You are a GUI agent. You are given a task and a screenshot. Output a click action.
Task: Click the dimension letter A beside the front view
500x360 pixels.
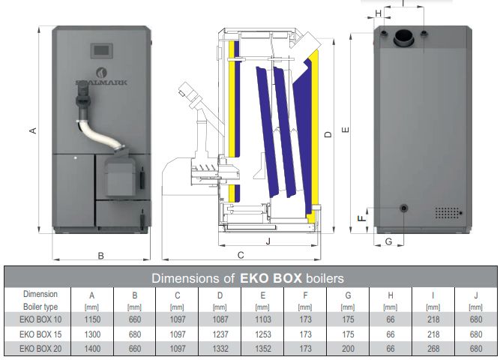coord(33,130)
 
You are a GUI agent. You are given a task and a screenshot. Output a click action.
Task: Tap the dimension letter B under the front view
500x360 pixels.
coord(100,256)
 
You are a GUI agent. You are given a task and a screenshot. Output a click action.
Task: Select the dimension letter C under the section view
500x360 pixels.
coord(241,255)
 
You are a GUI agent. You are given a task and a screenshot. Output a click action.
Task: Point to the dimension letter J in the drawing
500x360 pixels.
coord(268,241)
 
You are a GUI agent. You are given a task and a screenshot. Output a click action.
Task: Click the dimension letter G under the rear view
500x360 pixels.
coord(389,241)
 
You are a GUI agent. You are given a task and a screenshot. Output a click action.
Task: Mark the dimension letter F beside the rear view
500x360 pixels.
coord(361,218)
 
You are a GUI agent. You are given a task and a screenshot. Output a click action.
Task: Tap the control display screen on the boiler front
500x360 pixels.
coord(102,51)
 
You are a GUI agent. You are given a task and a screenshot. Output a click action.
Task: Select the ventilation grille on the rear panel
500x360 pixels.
coord(447,212)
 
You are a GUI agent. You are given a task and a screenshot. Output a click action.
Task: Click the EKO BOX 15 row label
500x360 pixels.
coord(40,334)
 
